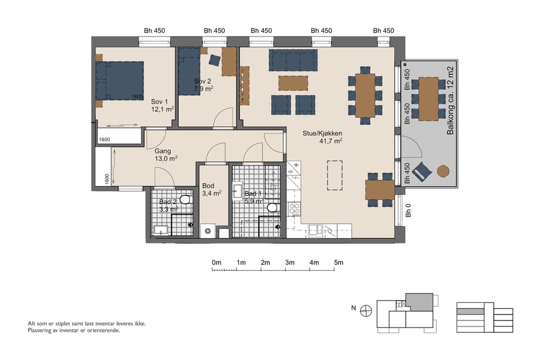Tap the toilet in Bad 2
(185, 200)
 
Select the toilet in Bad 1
(272, 208)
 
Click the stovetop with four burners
(295, 209)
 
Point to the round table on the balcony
(443, 171)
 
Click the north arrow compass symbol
(366, 310)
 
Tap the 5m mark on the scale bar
(338, 263)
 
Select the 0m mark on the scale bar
(217, 263)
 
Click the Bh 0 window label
(408, 211)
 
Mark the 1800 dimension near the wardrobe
(104, 139)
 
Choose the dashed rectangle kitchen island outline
(334, 174)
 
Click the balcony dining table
(428, 92)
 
